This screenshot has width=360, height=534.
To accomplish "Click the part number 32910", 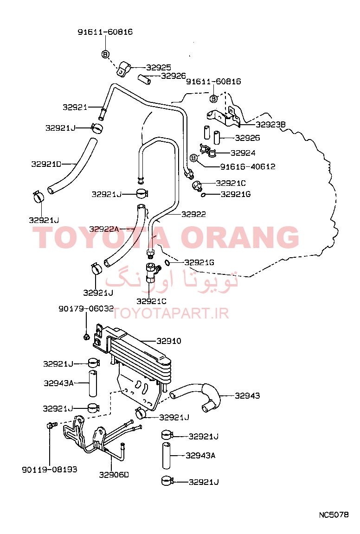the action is pos(169,341).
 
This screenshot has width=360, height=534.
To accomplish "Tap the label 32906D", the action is pos(114,474).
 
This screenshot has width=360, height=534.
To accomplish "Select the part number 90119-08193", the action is pos(50,470).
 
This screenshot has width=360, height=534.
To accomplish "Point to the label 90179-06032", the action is pos(86,309).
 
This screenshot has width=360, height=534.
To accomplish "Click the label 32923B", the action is pos(270,124).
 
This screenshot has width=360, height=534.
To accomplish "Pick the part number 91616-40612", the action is pos(248,166).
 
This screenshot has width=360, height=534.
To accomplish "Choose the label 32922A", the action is pos(104,229).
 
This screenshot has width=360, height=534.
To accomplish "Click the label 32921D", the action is pos(46,164).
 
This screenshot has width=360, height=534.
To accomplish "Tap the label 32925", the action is pos(159,67).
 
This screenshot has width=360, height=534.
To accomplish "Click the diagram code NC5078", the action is pos(334,515).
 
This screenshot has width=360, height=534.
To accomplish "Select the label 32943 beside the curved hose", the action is pos(247,396).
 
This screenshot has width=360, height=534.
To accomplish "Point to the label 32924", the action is pos(243,153).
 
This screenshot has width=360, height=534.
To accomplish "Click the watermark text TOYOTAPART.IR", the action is pos(170,313).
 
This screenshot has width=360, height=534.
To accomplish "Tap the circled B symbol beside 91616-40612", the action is pos(193,158).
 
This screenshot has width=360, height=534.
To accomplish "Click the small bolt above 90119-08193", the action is pos(51,425).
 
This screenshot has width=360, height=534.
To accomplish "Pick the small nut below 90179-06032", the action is pos(86,337).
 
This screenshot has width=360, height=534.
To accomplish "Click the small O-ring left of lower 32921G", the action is pos(167,262).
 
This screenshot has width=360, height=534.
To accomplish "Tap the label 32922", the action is pos(193,214).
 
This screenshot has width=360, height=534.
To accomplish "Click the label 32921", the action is pos(75,107).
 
